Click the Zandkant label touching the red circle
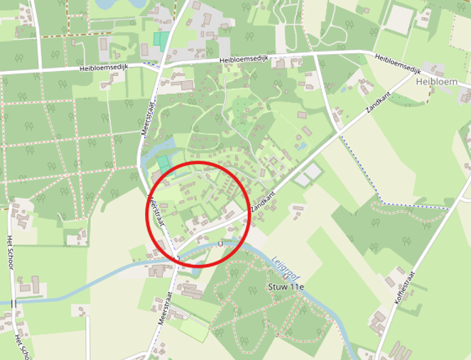262,202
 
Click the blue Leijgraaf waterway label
286,268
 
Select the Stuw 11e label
286,287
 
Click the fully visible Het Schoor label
10,251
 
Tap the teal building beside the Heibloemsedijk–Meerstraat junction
163,40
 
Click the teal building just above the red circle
164,164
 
